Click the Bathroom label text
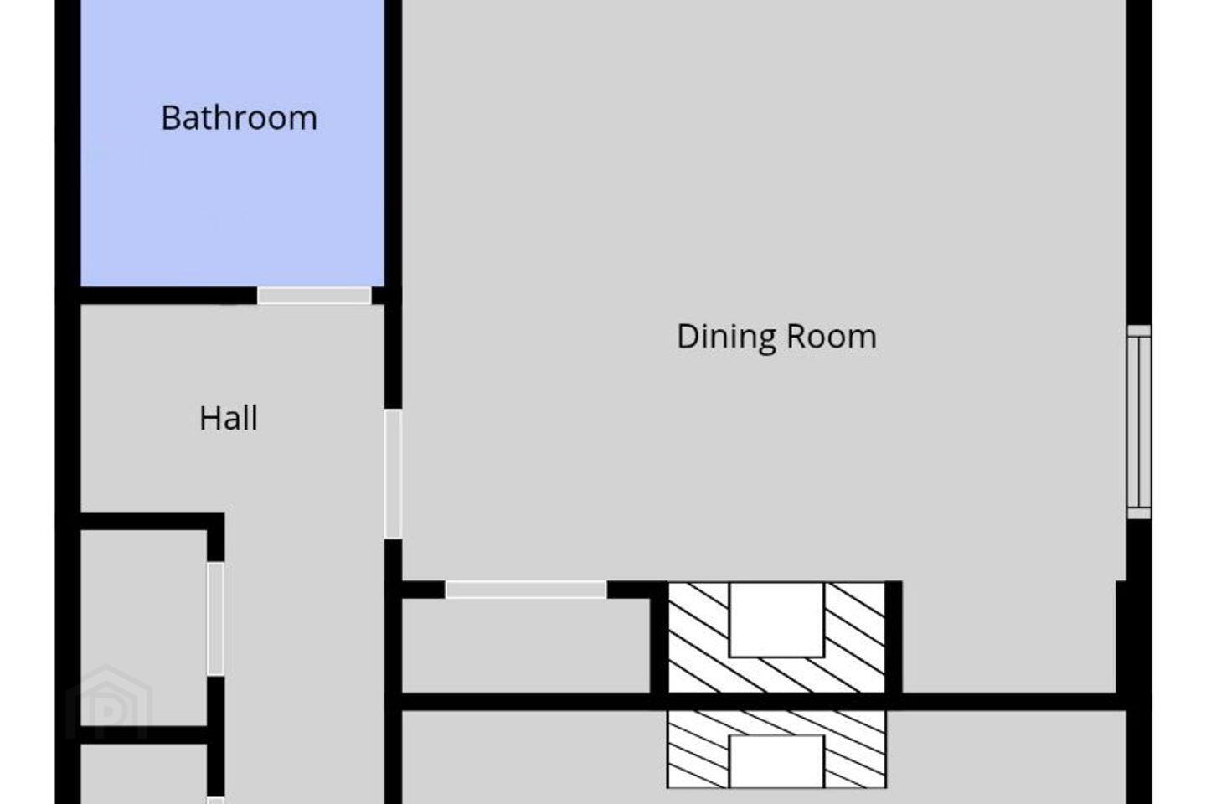[x=239, y=118]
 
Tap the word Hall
[x=229, y=418]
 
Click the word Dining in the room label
[x=726, y=338]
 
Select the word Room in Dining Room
[x=832, y=337]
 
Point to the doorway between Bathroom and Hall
[x=314, y=296]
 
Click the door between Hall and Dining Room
[x=393, y=474]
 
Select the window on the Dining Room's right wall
[x=1139, y=421]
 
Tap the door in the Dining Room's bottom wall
[x=526, y=590]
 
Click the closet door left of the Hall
[x=215, y=619]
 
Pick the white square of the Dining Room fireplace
[x=776, y=620]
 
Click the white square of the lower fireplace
[x=776, y=761]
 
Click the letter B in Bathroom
[x=171, y=118]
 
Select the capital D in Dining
[x=688, y=337]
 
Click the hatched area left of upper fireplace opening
[x=698, y=637]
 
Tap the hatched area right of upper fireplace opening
[x=854, y=637]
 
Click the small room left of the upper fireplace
[x=526, y=645]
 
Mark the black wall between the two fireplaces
[x=776, y=702]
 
